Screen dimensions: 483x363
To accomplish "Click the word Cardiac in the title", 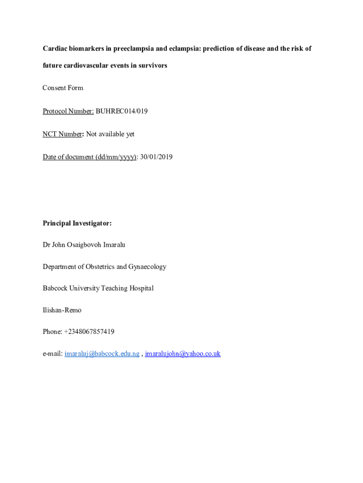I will (x=55, y=49).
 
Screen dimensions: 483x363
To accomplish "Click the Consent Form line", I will (x=63, y=88).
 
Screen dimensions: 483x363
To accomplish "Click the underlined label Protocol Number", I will (x=68, y=111).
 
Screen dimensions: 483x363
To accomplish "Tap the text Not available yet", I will (x=110, y=134).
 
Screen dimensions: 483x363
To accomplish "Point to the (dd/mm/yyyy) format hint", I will (x=116, y=157).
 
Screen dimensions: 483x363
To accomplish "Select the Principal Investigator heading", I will (x=77, y=223).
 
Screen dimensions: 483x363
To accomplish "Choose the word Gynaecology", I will (x=148, y=266).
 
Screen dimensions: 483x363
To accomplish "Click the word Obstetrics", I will (x=100, y=266).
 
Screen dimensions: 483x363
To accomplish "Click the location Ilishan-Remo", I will (x=62, y=310).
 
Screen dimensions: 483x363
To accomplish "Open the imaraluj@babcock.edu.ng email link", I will (x=102, y=354).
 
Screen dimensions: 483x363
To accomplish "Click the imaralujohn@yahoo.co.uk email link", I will (x=183, y=354).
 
